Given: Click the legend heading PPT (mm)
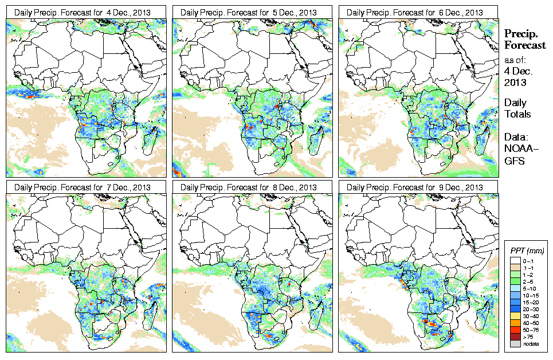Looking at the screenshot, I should pos(527,251).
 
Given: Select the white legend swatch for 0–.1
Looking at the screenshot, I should pos(515,261).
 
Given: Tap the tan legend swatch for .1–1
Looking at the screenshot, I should pos(515,268).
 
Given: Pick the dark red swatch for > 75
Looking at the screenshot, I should pos(515,336).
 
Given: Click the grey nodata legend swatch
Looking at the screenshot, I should pos(515,343).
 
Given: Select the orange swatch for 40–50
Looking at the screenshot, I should pos(515,323).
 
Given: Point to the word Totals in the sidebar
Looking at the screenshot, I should pos(517,114).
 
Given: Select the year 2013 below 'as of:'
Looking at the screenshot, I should pos(514,83).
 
